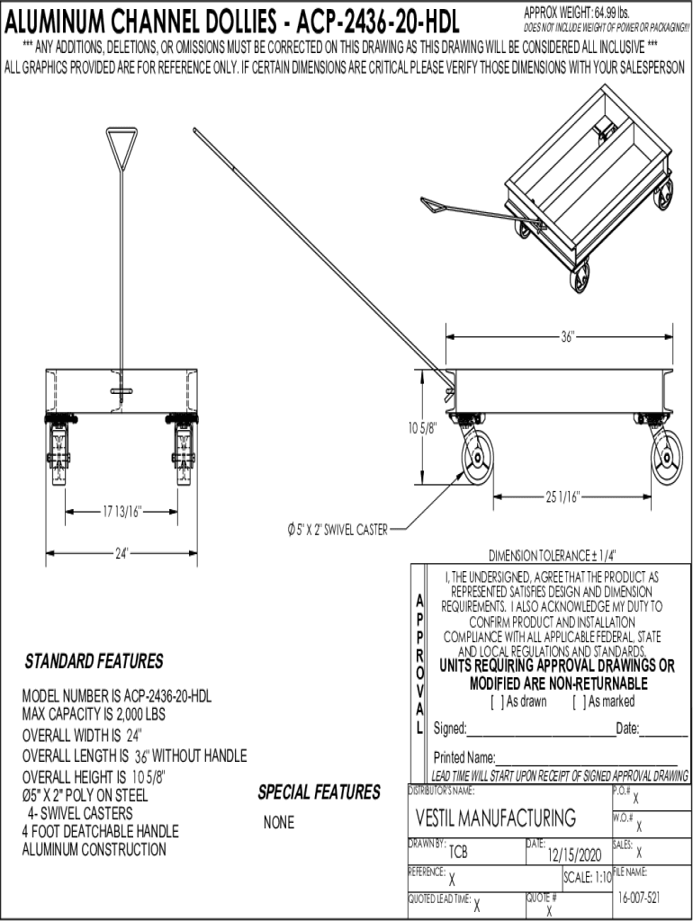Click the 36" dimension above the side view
[567, 337]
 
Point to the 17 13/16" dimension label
[121, 513]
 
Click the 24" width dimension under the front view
[121, 552]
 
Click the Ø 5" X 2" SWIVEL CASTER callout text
[332, 530]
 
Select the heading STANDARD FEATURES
[94, 662]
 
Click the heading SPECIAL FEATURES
[319, 792]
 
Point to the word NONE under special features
[279, 823]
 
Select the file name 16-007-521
[640, 899]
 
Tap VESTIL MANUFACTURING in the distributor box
[495, 818]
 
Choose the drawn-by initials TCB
[458, 853]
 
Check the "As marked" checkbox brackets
[576, 702]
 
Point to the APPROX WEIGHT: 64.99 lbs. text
[576, 12]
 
